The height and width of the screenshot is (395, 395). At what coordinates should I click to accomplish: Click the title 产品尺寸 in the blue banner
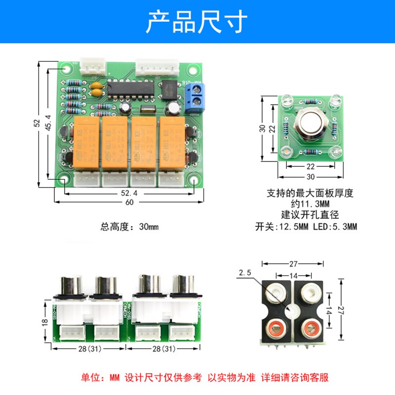pyautogui.click(x=197, y=21)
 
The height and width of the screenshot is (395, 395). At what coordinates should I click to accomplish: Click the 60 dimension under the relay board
pyautogui.click(x=129, y=202)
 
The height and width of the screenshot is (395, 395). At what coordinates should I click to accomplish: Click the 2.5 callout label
pyautogui.click(x=245, y=273)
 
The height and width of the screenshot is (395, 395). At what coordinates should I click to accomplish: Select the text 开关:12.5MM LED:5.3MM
pyautogui.click(x=306, y=227)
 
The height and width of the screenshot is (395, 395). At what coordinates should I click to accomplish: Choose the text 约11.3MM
pyautogui.click(x=306, y=203)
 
